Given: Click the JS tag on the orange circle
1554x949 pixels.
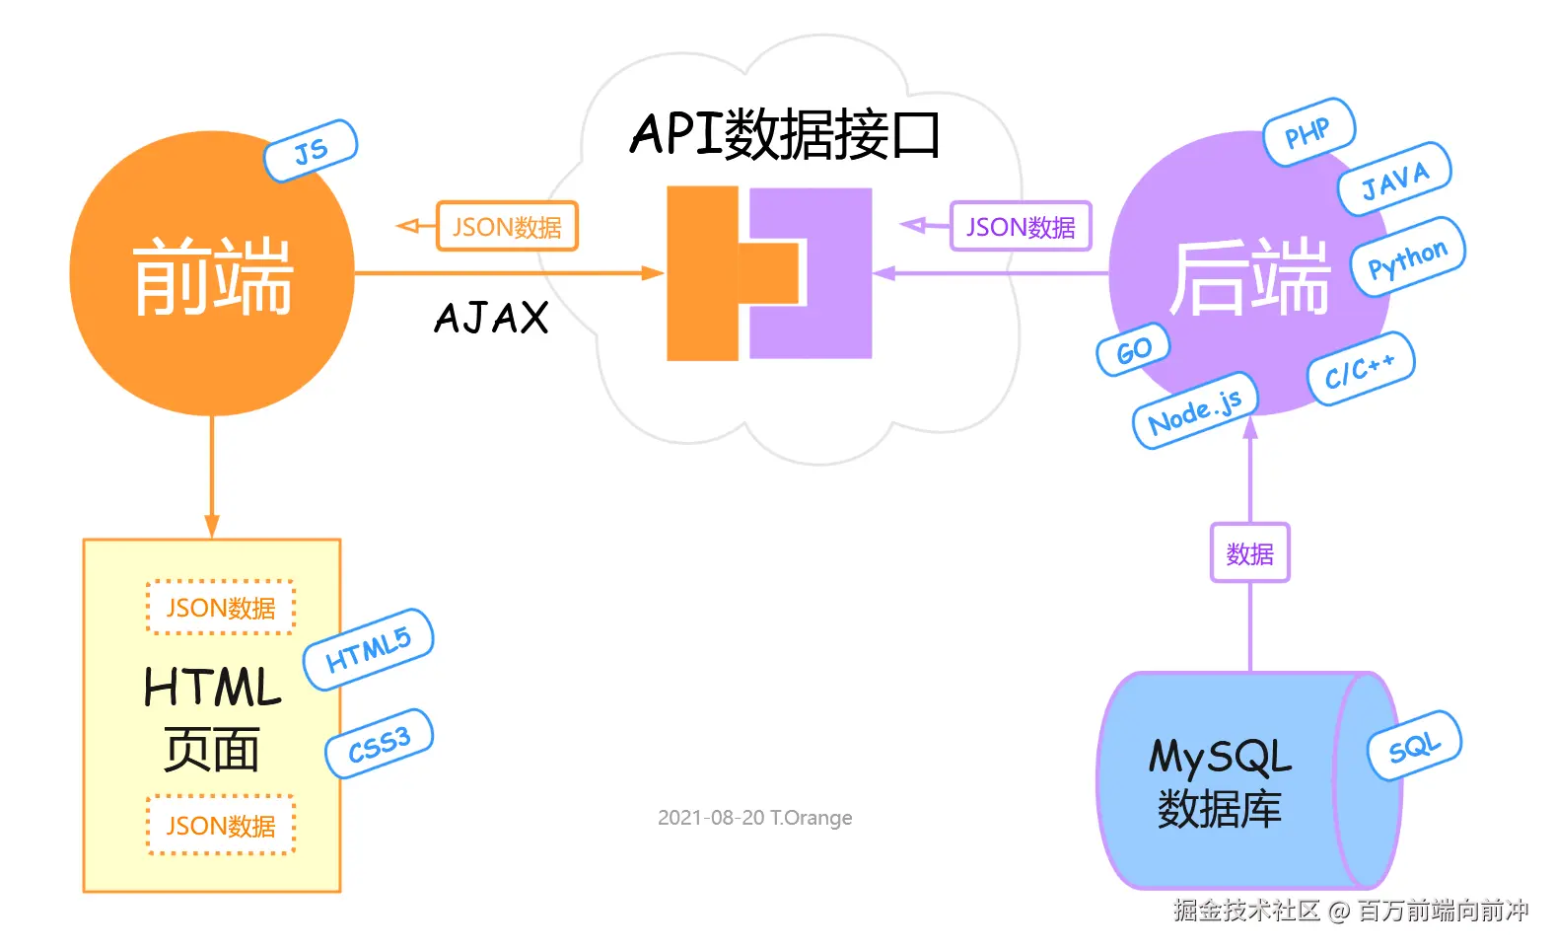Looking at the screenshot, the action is [311, 151].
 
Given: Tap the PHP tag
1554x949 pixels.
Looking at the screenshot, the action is [1308, 132].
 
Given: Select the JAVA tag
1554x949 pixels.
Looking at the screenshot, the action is [1393, 180].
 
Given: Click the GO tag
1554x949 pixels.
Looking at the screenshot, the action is [1133, 349].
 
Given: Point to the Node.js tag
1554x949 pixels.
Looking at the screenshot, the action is [1195, 410].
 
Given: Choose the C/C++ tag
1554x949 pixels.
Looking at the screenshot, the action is [1361, 369].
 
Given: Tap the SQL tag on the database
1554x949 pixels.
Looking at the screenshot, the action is [1414, 746].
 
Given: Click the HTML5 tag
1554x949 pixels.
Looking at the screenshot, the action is [368, 649].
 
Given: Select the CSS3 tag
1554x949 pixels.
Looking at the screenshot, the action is [380, 744].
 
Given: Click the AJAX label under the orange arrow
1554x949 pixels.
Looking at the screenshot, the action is [491, 318].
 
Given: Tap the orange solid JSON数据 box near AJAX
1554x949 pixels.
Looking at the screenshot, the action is [507, 227].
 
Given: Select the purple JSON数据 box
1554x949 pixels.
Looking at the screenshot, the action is [1021, 227].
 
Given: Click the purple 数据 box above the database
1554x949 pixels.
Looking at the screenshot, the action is [1249, 553].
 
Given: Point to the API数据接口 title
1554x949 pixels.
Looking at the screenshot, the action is [785, 135].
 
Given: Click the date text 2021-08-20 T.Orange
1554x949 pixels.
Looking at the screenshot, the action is [754, 818].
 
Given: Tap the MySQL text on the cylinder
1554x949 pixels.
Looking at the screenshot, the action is [1220, 758].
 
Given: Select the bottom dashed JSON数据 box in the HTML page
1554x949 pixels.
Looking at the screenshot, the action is [221, 825].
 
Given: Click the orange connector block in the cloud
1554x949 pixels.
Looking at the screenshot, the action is [703, 273].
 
